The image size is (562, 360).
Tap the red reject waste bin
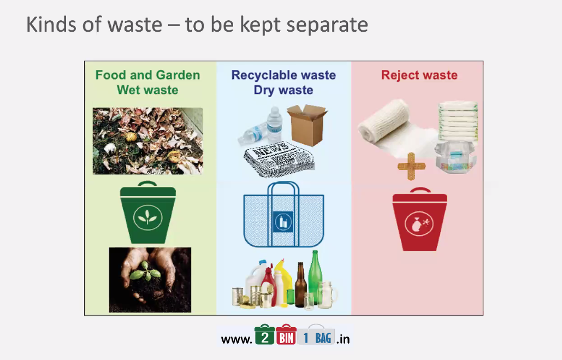(419, 220)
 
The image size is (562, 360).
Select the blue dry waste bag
(283, 215)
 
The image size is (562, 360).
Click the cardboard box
(307, 125)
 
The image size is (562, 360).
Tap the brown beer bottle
(300, 285)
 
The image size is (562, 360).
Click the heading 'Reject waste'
(419, 75)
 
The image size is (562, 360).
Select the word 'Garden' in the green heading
(178, 75)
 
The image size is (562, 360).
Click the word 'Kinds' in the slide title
(51, 25)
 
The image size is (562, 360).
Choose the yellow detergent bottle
(281, 281)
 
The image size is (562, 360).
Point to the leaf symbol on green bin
(147, 217)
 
